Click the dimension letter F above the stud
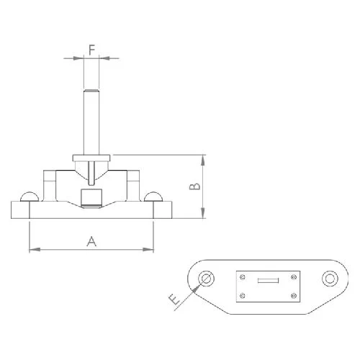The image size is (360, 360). coord(91,49)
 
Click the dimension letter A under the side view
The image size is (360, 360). coord(91,241)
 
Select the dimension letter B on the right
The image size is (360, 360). coord(193,186)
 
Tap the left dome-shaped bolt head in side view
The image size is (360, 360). coord(30,197)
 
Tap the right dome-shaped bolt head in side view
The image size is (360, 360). coord(153,197)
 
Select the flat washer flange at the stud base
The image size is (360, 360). coord(91,157)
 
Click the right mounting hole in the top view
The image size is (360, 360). coord(330,279)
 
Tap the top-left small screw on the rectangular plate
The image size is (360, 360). coord(243,276)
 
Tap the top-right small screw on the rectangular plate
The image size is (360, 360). coord(294,276)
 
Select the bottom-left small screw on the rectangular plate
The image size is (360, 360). coord(243,295)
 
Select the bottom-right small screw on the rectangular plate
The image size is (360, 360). coord(294,295)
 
